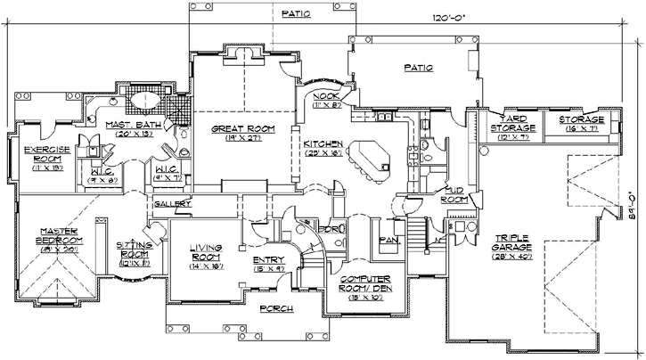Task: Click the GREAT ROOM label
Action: (x=243, y=129)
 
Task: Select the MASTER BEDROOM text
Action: (x=59, y=241)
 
